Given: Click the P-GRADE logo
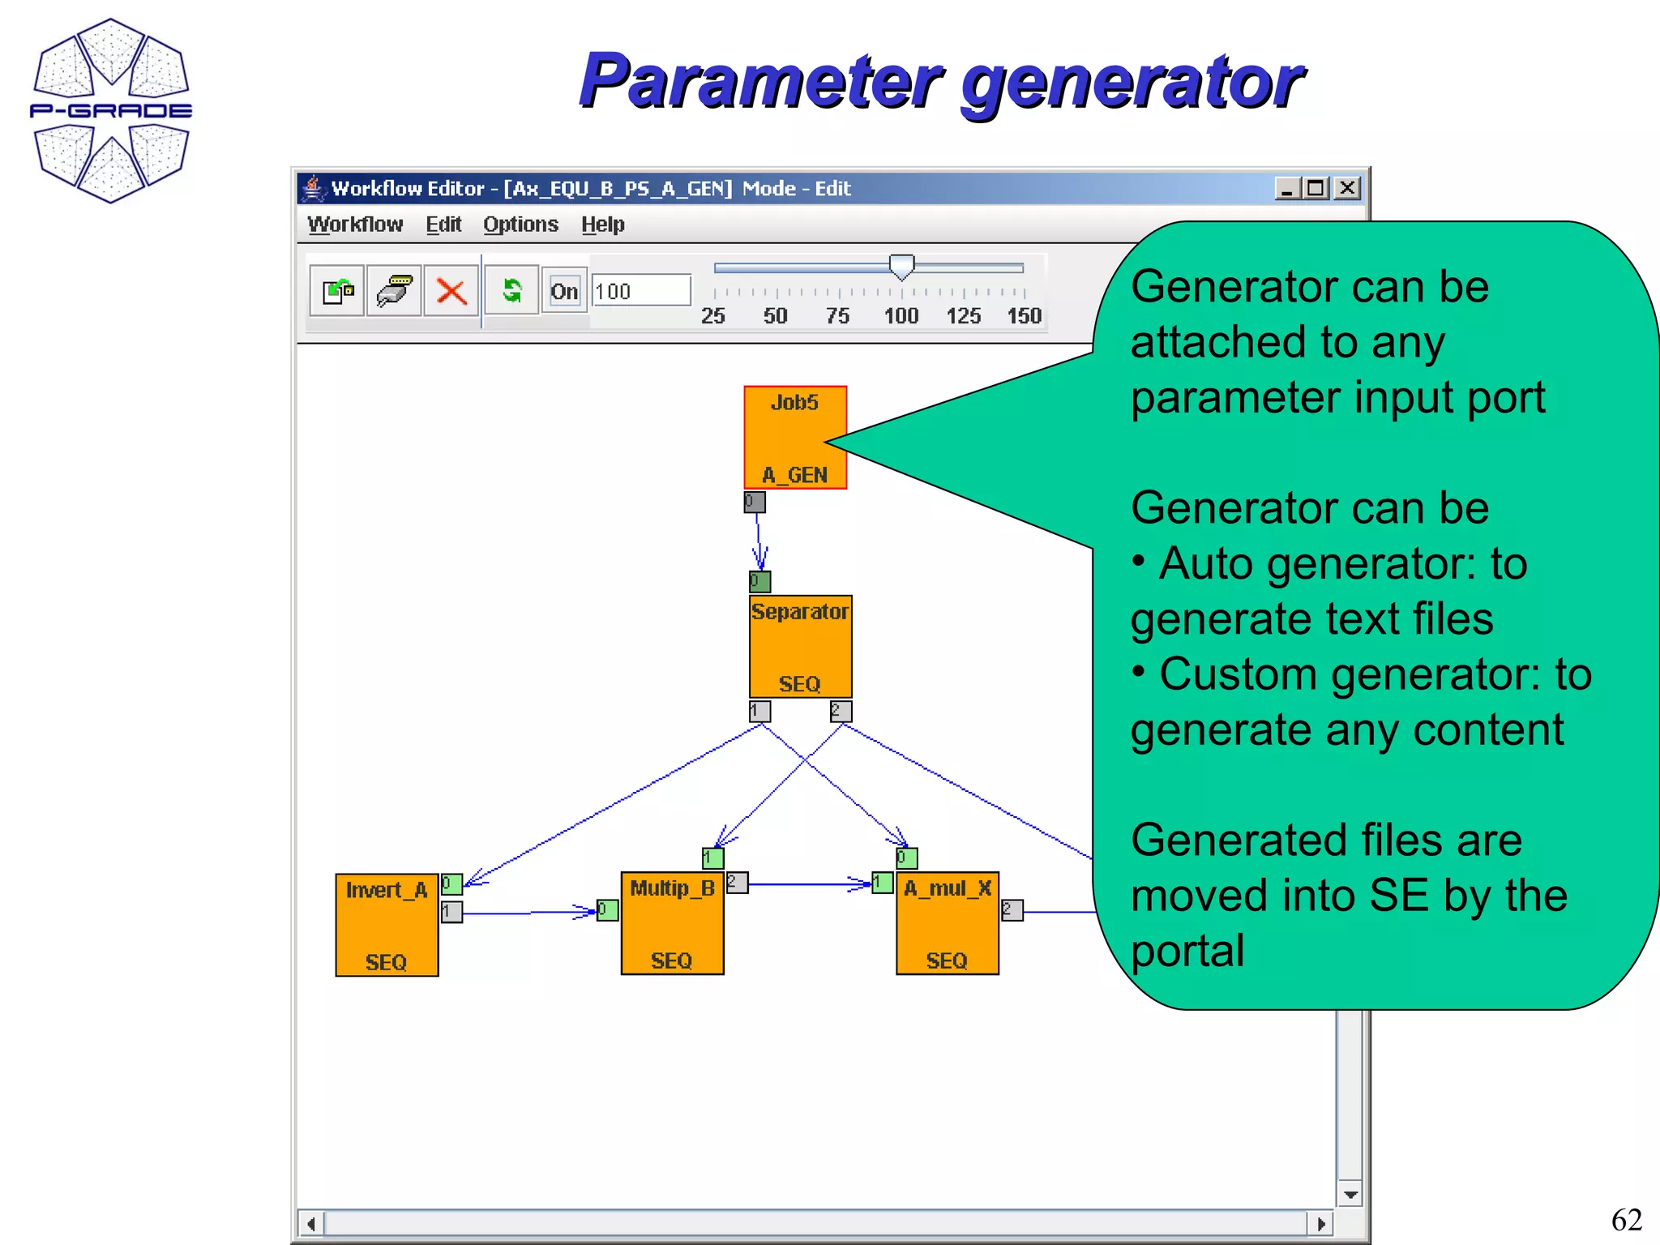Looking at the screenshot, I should click(111, 111).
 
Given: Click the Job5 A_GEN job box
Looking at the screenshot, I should click(795, 438).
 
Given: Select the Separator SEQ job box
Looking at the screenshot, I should click(800, 647).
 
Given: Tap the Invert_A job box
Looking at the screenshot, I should click(387, 925).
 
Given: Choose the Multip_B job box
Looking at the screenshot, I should click(672, 923).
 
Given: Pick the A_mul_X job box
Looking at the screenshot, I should click(947, 923).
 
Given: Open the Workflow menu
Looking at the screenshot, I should click(355, 225).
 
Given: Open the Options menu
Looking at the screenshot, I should click(520, 225).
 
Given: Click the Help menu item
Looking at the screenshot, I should click(602, 225).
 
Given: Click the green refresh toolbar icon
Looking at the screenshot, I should click(511, 290).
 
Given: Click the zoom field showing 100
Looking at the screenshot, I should click(640, 291).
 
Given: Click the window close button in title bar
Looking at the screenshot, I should click(1347, 188).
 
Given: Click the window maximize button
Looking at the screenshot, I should click(1316, 188).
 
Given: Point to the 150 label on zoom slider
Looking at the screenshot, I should click(1024, 316).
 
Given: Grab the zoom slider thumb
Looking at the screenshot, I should click(901, 266).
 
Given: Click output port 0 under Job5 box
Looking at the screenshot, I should click(754, 503).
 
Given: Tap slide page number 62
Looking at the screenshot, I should click(1626, 1220).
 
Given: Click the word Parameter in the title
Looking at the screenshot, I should click(760, 81).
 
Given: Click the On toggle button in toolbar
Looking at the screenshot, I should click(564, 291).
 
